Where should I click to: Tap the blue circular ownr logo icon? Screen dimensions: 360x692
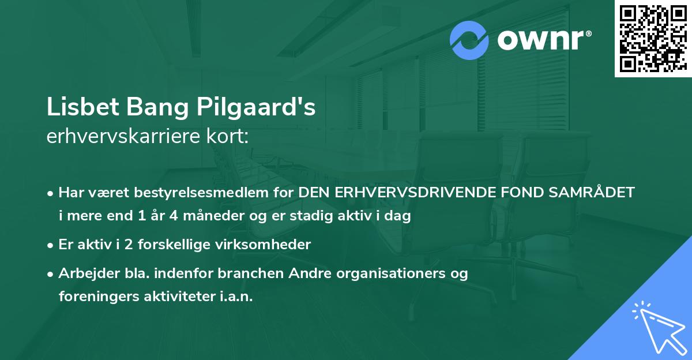tap(469, 40)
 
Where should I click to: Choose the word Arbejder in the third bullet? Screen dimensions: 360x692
tap(85, 273)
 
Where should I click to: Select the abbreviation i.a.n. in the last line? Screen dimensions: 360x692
tap(235, 297)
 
